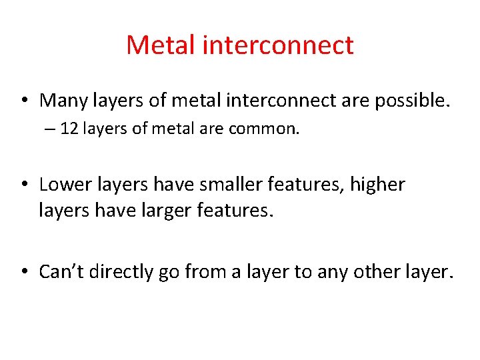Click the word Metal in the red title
click(159, 45)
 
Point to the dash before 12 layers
click(51, 129)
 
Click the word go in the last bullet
click(166, 273)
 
